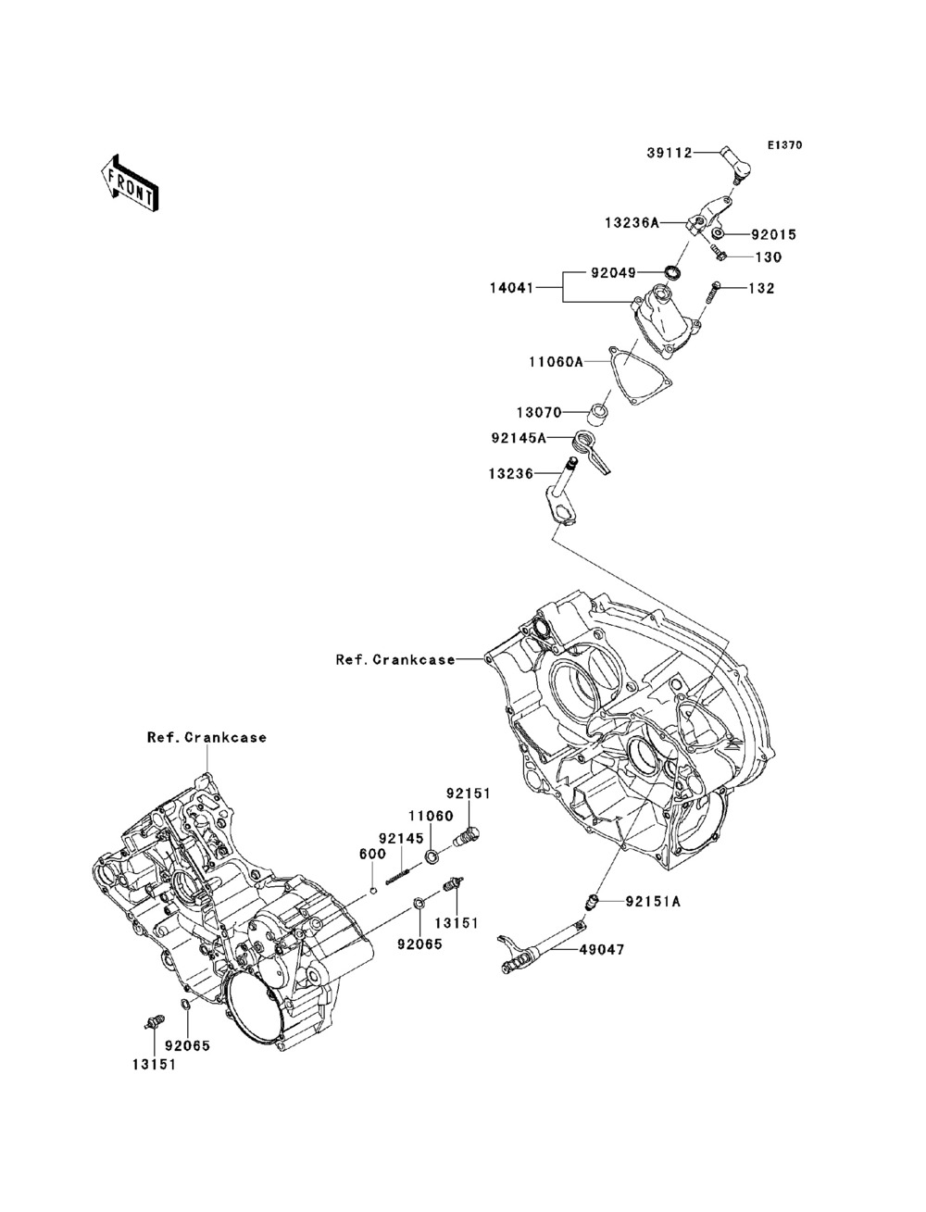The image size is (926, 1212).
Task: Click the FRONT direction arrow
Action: pyautogui.click(x=130, y=182)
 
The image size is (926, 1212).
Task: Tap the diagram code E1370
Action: pyautogui.click(x=784, y=145)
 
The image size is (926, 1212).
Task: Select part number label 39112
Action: pyautogui.click(x=669, y=153)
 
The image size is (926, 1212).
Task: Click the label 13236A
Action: pyautogui.click(x=632, y=222)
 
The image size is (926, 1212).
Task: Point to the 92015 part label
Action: pyautogui.click(x=773, y=234)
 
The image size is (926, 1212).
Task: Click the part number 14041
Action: pyautogui.click(x=512, y=288)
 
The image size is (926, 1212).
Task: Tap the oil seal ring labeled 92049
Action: pyautogui.click(x=672, y=272)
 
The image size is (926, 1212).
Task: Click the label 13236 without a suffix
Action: pyautogui.click(x=511, y=474)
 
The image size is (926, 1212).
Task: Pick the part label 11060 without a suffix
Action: pyautogui.click(x=431, y=816)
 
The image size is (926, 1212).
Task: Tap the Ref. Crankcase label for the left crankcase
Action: pyautogui.click(x=207, y=737)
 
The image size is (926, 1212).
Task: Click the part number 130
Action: pyautogui.click(x=768, y=256)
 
